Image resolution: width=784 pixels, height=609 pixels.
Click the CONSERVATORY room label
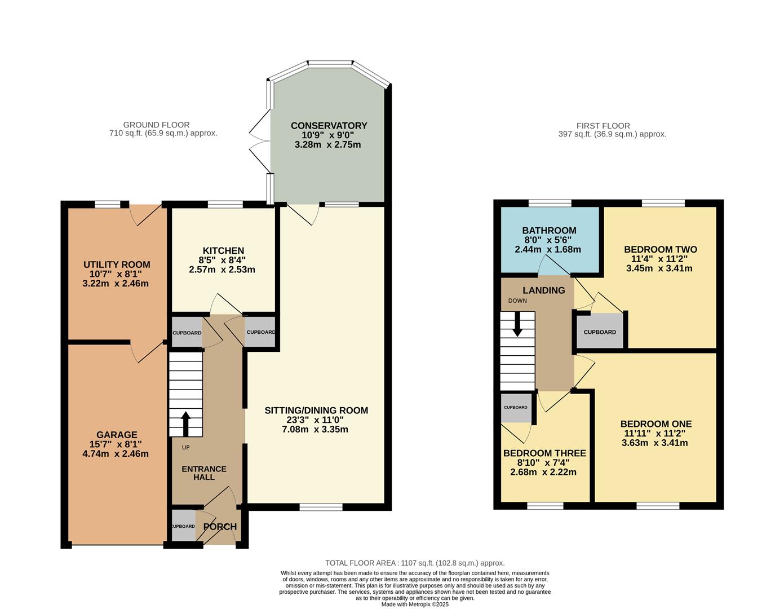coord(329,126)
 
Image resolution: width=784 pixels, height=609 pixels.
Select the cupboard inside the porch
coord(183,526)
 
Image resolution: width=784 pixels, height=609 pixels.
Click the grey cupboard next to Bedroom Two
coord(600,332)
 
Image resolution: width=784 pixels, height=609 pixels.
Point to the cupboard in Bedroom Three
coord(516,408)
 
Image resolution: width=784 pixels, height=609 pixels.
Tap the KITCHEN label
coord(223,251)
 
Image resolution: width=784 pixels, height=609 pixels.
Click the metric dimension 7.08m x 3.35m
coord(315,429)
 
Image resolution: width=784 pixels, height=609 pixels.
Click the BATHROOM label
coord(549,231)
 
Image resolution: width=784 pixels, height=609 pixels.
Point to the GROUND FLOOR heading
coord(156,125)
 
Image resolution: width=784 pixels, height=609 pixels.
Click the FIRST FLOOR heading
coord(603,126)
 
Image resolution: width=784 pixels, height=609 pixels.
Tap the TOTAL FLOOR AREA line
coord(415,563)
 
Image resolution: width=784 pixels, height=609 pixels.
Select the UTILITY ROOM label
coord(117,264)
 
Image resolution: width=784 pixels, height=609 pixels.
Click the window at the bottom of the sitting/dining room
coord(321,507)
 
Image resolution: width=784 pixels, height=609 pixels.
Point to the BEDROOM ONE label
coord(655,424)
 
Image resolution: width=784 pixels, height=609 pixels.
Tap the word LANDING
coord(543,290)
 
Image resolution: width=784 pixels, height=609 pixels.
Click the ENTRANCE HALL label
coord(204,473)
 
